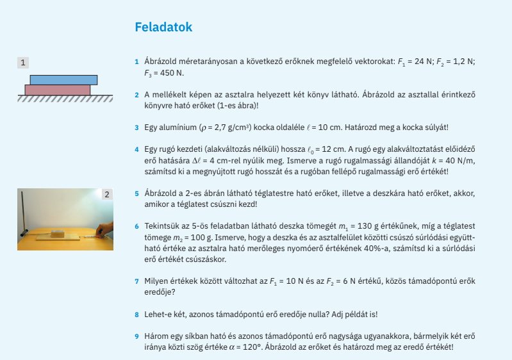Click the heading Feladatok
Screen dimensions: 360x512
163,28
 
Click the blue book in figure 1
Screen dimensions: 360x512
63,79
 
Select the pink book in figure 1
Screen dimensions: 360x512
58,90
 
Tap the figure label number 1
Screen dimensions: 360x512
23,62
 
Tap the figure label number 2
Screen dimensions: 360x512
106,193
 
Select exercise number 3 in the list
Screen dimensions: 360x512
136,127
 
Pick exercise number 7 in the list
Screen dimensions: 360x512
136,281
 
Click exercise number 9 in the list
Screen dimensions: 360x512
136,336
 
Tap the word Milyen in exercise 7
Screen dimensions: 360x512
156,281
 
